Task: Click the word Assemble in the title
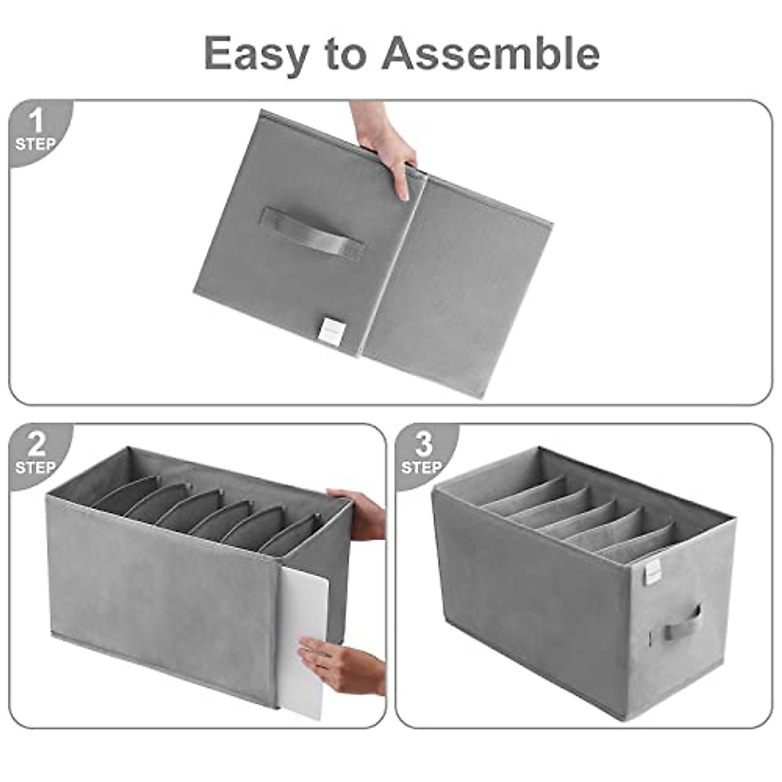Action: click(x=490, y=53)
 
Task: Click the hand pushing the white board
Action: click(x=342, y=665)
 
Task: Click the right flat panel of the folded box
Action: click(x=456, y=287)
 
